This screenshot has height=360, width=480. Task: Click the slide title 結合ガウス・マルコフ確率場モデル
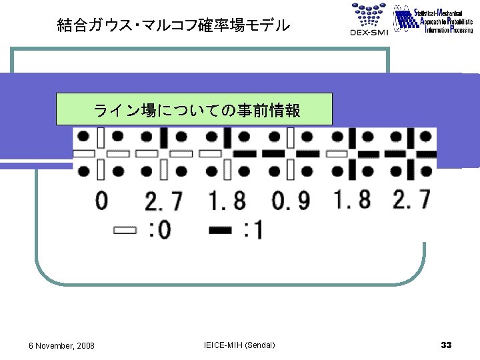(x=173, y=25)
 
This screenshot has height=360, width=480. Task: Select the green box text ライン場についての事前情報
(x=197, y=110)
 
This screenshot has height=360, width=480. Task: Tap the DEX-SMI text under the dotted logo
(x=367, y=32)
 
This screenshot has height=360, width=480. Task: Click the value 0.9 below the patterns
(x=291, y=200)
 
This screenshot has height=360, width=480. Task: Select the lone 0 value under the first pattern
(x=101, y=200)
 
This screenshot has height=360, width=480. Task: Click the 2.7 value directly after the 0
(x=163, y=200)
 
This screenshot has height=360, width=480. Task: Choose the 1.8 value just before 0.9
(x=227, y=200)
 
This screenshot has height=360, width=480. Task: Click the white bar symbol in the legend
(x=125, y=231)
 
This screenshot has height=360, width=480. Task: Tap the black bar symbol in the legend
(x=221, y=231)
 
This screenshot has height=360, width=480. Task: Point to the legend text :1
(x=253, y=231)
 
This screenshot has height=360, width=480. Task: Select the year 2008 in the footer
(x=85, y=345)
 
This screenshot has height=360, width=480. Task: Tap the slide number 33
(x=446, y=345)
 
